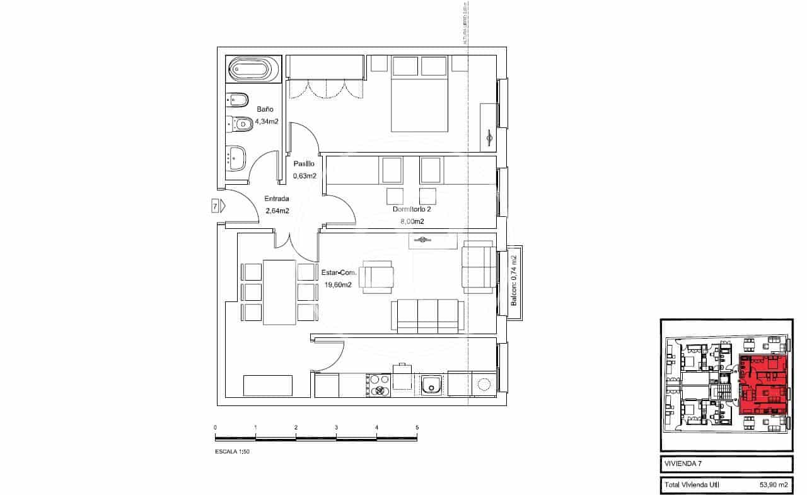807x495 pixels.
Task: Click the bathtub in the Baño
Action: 253,69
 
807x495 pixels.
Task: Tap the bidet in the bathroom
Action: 238,100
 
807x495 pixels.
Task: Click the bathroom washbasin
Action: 237,157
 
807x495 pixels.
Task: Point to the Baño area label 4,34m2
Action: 267,121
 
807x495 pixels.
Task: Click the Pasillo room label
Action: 304,164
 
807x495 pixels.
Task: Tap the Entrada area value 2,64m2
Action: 277,211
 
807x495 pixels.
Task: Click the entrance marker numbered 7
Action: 215,206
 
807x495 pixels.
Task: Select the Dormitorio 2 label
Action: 411,209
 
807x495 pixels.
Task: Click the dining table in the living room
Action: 279,292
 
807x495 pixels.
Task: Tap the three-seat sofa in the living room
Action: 428,316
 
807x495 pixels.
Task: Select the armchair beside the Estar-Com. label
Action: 378,277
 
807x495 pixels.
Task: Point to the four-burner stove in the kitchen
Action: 378,385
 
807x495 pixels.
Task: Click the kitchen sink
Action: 432,384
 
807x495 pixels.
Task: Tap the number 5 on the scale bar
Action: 417,428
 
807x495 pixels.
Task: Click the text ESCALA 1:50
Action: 233,451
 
